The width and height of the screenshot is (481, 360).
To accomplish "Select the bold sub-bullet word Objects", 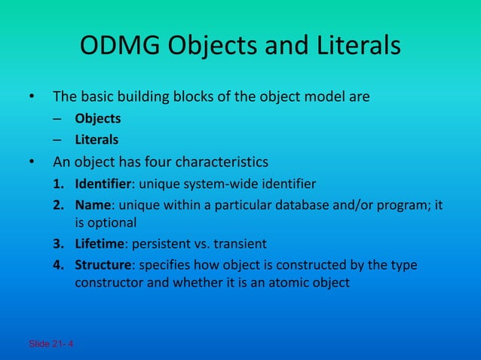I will coord(97,119).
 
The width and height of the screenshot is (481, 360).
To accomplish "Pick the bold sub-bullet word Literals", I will coord(97,139).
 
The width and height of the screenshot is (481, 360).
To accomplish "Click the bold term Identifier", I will coord(101,185).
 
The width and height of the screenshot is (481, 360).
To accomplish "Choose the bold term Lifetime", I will coord(99,244).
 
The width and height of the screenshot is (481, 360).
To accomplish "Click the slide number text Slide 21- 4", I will coord(51,344).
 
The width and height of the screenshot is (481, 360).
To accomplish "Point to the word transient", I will coord(242,244).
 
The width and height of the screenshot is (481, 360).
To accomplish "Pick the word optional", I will coord(112,223).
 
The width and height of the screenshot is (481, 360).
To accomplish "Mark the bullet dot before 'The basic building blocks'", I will coord(32,97).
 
